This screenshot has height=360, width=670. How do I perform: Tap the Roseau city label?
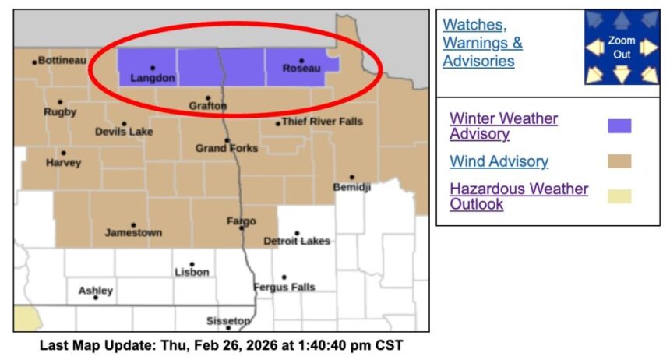301,69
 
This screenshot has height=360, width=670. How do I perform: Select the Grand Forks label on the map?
227,148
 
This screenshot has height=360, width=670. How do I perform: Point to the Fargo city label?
241,221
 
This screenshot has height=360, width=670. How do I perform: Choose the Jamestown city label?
134,233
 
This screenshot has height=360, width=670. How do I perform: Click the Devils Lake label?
124,132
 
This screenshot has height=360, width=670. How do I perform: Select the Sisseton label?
228,321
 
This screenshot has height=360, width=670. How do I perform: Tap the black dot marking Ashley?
96,298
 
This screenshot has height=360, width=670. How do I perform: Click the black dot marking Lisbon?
192,264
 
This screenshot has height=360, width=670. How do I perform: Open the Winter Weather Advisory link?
503,126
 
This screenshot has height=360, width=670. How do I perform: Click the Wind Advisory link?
499,161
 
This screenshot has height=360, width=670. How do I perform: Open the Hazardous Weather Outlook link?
519,196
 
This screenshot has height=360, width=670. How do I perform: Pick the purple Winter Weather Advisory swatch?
619,126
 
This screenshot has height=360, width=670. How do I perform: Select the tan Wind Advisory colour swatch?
619,161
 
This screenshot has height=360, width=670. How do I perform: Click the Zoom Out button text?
622,48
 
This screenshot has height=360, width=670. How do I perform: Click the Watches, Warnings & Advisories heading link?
482,43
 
